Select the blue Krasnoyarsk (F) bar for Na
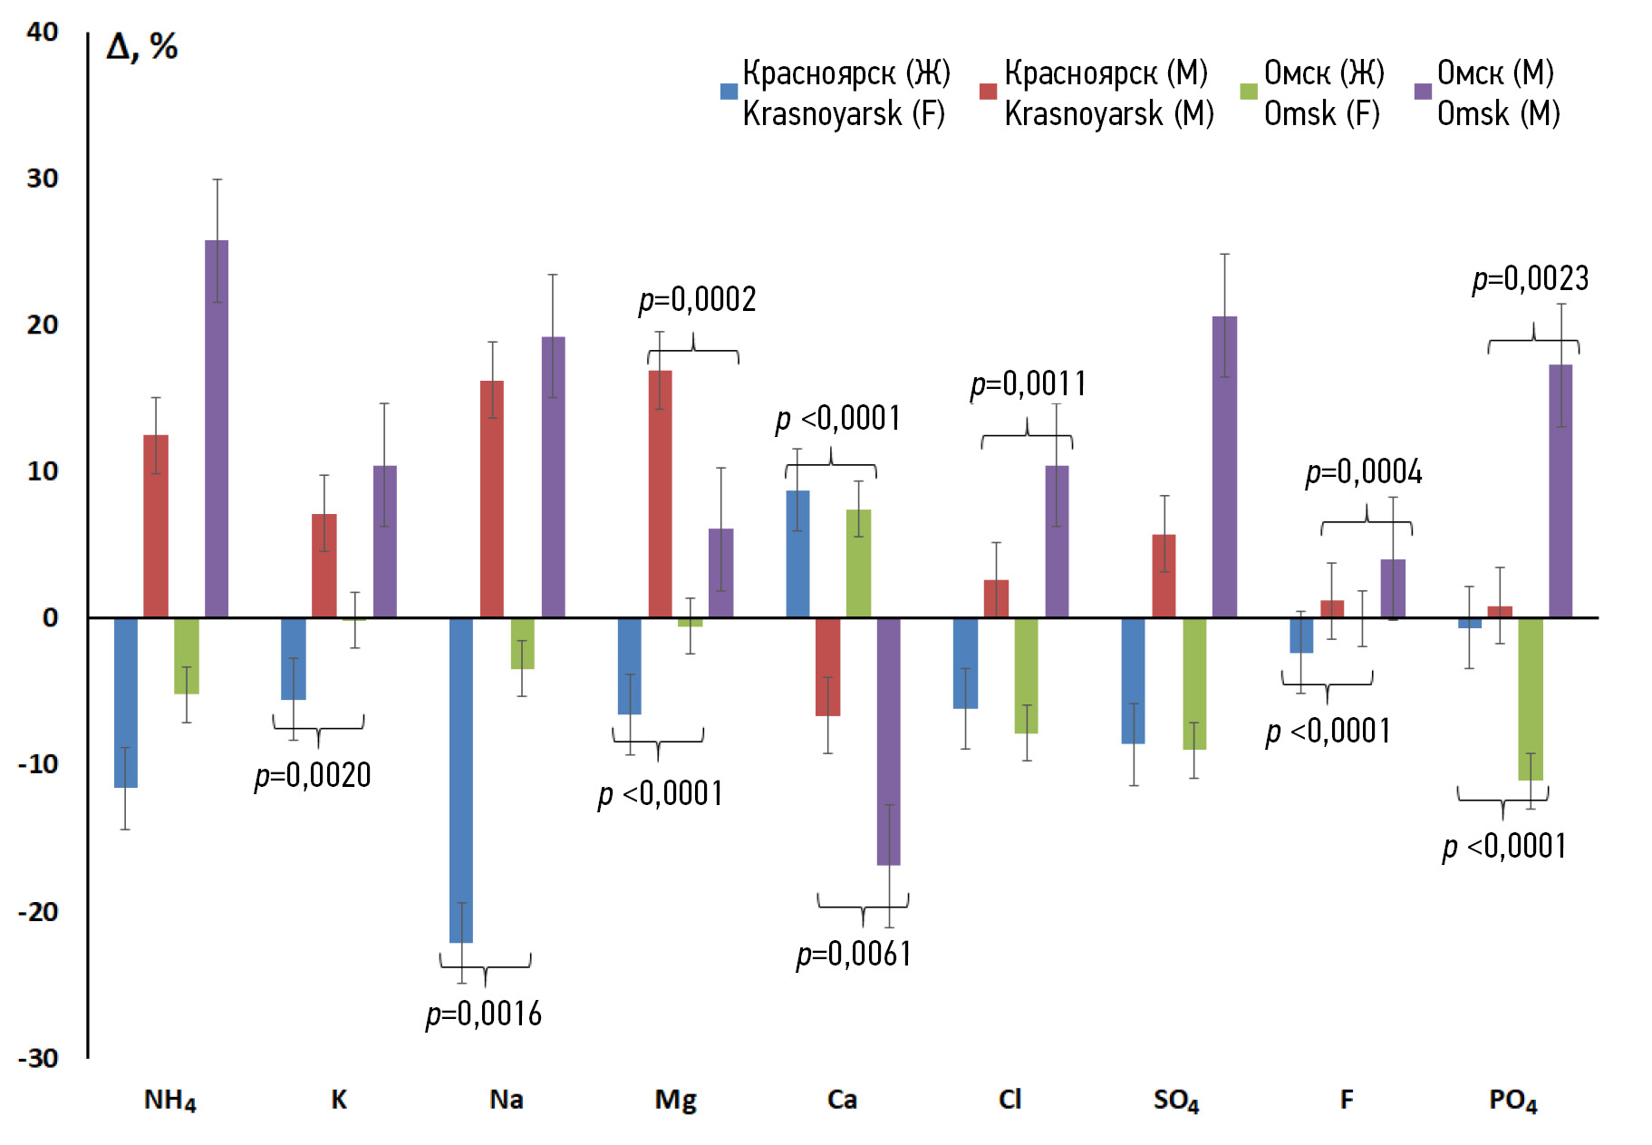tap(461, 780)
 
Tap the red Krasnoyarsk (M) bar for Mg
tap(660, 494)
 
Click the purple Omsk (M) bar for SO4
tap(1224, 467)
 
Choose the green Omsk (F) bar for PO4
tap(1531, 698)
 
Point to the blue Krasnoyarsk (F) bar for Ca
tap(797, 554)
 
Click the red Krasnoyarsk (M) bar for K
tap(324, 566)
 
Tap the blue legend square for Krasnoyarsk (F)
tap(729, 92)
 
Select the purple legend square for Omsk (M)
tap(1423, 92)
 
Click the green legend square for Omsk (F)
tap(1249, 92)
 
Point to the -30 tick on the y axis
tap(38, 1058)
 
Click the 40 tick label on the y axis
tap(43, 33)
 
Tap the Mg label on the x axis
tap(675, 1100)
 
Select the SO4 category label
tap(1176, 1101)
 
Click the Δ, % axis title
tap(142, 47)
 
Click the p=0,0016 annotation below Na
tap(484, 1014)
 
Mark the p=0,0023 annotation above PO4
tap(1531, 278)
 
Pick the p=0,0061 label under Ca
tap(854, 954)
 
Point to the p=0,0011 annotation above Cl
tap(1028, 384)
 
